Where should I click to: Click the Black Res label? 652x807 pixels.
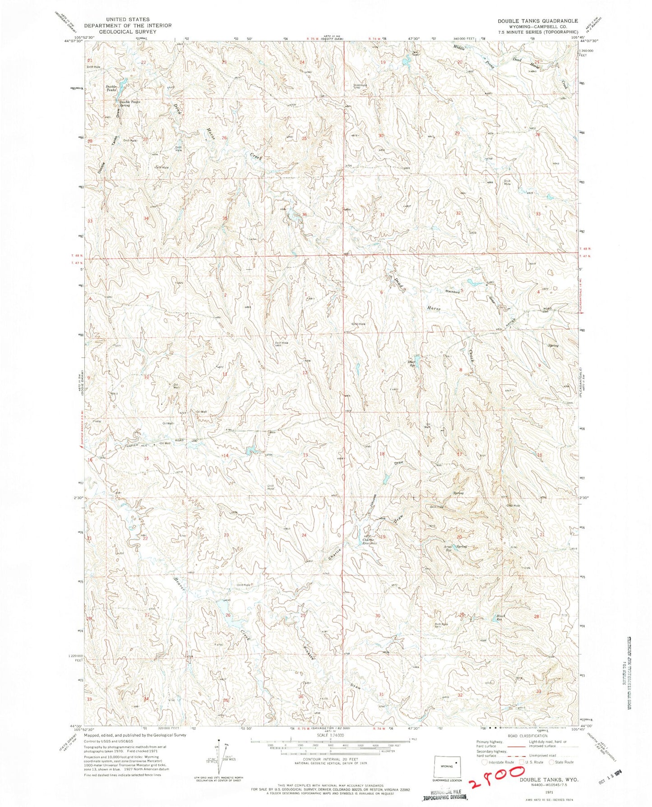[501, 618]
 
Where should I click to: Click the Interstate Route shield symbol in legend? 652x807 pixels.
[485, 762]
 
